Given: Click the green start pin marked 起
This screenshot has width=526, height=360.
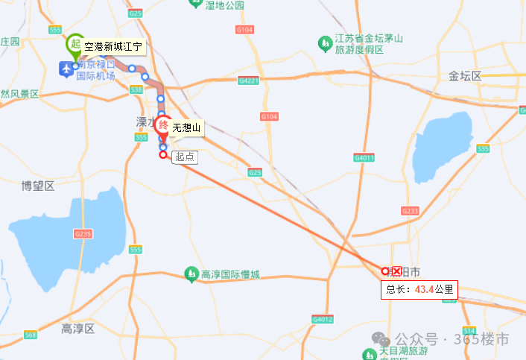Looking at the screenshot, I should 75,44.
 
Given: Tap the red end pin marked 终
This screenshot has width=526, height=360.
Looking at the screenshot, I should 162,125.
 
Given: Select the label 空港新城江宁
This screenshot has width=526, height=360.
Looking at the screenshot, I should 116,47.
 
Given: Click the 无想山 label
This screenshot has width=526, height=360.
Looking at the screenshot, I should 186,128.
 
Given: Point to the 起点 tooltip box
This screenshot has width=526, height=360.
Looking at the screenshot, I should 184,157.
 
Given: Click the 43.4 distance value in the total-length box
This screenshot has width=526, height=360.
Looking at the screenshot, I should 425,288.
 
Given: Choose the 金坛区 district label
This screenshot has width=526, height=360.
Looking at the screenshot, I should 466,76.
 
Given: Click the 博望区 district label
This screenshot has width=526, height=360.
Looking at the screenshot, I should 38,186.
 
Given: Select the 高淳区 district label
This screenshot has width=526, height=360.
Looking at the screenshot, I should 78,329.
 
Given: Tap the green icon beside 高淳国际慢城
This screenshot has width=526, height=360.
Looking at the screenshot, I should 191,276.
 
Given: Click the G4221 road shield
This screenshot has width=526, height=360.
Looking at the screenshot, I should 248,80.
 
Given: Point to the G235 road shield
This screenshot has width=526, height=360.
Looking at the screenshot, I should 83,234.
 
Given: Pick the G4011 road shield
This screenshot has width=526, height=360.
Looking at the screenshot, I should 364,157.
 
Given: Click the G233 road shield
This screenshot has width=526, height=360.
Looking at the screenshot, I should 410,212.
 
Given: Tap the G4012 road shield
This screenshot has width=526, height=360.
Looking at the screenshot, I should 323,319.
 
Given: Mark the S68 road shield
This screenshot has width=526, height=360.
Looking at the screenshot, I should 31,335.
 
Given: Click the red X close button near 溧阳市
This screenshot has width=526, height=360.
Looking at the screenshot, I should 397,271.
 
